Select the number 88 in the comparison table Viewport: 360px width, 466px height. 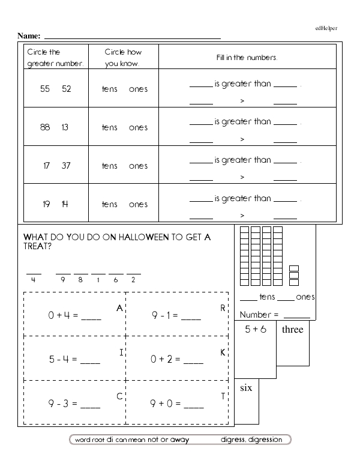click(x=45, y=127)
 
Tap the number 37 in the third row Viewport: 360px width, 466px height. click(x=66, y=166)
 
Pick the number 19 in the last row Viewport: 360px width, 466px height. click(x=46, y=204)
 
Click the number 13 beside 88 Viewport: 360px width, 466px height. click(x=66, y=127)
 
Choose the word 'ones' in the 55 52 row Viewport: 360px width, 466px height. click(x=138, y=89)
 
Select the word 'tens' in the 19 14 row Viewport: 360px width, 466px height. click(x=110, y=204)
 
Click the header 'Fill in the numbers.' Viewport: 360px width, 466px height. click(x=247, y=58)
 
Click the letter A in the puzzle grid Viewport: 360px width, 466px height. click(x=119, y=309)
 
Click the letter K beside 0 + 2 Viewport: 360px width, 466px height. click(x=223, y=353)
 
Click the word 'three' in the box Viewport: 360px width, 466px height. click(x=292, y=330)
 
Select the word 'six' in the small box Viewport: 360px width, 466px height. click(x=246, y=388)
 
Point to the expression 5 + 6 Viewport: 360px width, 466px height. click(x=255, y=330)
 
